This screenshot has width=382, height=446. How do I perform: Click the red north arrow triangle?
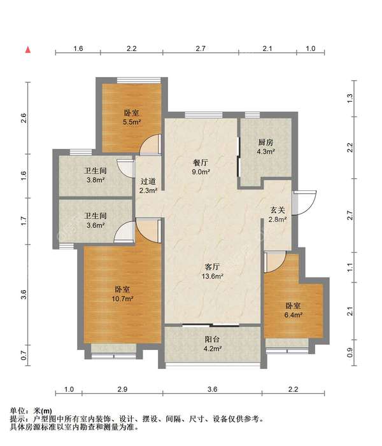tap(27, 50)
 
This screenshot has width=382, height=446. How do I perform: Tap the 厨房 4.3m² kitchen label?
tap(266, 146)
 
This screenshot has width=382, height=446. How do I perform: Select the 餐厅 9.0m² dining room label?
tap(201, 167)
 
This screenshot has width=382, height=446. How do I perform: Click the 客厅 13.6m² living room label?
tap(213, 271)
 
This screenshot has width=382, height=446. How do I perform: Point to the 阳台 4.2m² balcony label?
tap(213, 344)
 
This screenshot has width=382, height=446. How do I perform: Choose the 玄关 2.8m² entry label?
tap(278, 214)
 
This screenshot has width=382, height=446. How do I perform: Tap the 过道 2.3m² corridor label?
tap(148, 186)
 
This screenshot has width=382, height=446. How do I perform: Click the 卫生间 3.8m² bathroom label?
tap(95, 175)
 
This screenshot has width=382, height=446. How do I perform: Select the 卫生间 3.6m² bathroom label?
tap(95, 220)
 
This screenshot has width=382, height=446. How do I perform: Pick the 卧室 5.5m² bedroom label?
tap(132, 117)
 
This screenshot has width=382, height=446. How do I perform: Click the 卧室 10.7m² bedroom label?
tap(123, 294)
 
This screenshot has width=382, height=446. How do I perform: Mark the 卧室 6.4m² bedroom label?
tap(294, 310)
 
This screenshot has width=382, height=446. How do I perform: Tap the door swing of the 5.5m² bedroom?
tap(151, 144)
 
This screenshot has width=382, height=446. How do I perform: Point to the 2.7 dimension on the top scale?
tap(201, 48)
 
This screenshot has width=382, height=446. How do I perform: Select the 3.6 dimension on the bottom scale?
tap(213, 389)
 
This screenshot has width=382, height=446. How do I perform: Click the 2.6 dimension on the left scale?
tap(24, 118)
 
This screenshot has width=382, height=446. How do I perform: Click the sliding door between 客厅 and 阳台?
tap(211, 325)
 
